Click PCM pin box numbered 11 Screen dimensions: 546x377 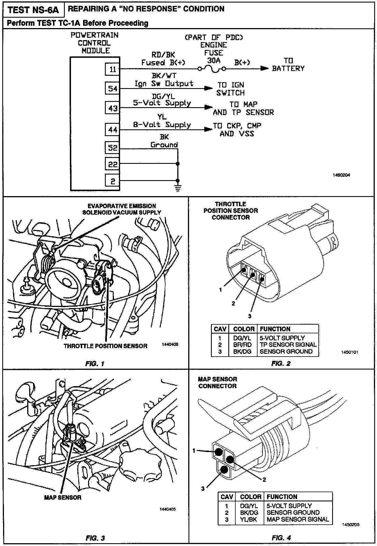click(x=112, y=69)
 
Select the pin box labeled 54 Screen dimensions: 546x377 click(x=112, y=89)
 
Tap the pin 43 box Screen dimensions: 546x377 click(x=112, y=108)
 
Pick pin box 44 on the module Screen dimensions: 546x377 click(x=112, y=130)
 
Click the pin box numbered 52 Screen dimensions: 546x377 click(x=112, y=148)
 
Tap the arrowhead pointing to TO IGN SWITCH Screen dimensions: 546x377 click(x=208, y=88)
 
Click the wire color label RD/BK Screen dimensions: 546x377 click(x=163, y=55)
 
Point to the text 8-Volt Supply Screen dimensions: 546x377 click(x=162, y=124)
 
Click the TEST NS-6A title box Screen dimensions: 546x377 click(x=33, y=10)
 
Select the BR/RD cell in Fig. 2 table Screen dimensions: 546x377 click(x=242, y=345)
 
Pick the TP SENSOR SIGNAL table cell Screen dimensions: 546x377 click(x=288, y=345)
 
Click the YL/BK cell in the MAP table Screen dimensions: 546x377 click(x=249, y=519)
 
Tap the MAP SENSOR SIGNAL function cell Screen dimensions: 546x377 click(x=298, y=519)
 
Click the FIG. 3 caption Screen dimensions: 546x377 click(x=95, y=538)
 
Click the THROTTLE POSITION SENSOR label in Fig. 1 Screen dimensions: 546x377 click(x=105, y=346)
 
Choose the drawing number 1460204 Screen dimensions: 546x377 click(x=341, y=175)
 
